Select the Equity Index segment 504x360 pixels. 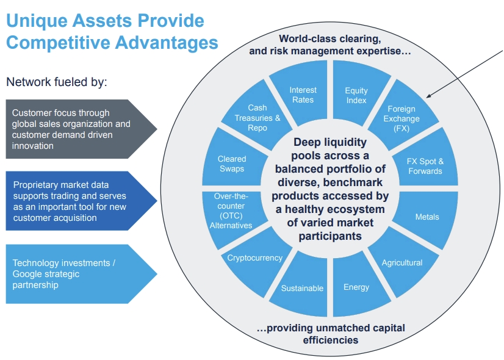click(359, 94)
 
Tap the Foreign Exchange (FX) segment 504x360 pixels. click(403, 117)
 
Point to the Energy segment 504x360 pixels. click(359, 284)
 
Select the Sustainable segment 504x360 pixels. click(301, 284)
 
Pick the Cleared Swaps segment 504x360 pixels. click(233, 160)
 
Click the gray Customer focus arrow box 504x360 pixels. click(81, 129)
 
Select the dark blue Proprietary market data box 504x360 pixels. click(81, 201)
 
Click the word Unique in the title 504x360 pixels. click(37, 21)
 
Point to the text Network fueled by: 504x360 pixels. click(57, 82)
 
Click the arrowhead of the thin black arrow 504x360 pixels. click(428, 96)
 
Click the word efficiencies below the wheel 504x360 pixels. click(331, 340)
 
